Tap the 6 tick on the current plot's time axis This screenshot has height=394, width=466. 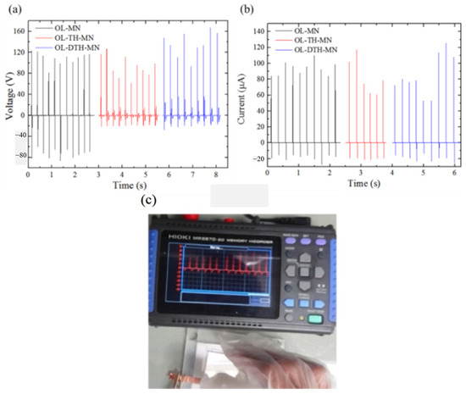[x=455, y=172]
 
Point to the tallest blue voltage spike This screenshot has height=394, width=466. [x=209, y=28]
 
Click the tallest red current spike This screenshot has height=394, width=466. [x=357, y=51]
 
